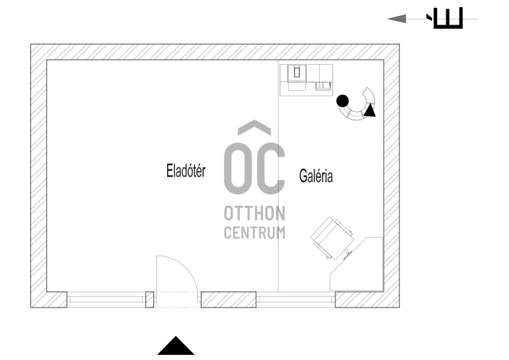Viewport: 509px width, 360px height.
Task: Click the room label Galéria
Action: click(x=315, y=175)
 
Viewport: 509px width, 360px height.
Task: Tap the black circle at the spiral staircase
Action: click(x=343, y=101)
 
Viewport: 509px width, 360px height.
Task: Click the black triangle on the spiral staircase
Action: click(x=369, y=110)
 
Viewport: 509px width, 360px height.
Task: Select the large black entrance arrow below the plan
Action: click(x=176, y=346)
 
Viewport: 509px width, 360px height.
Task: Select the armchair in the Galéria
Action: click(x=333, y=236)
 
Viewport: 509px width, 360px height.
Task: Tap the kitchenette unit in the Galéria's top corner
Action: click(x=307, y=78)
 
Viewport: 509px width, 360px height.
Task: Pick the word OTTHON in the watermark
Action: click(x=254, y=215)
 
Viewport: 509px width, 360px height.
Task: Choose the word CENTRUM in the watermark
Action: click(x=254, y=233)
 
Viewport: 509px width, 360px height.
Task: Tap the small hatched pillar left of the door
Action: click(x=150, y=298)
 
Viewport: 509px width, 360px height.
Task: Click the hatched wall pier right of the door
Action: click(x=228, y=298)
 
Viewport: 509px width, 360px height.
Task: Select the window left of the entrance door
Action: click(x=107, y=298)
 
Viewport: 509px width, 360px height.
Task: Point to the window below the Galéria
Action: click(x=295, y=298)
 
